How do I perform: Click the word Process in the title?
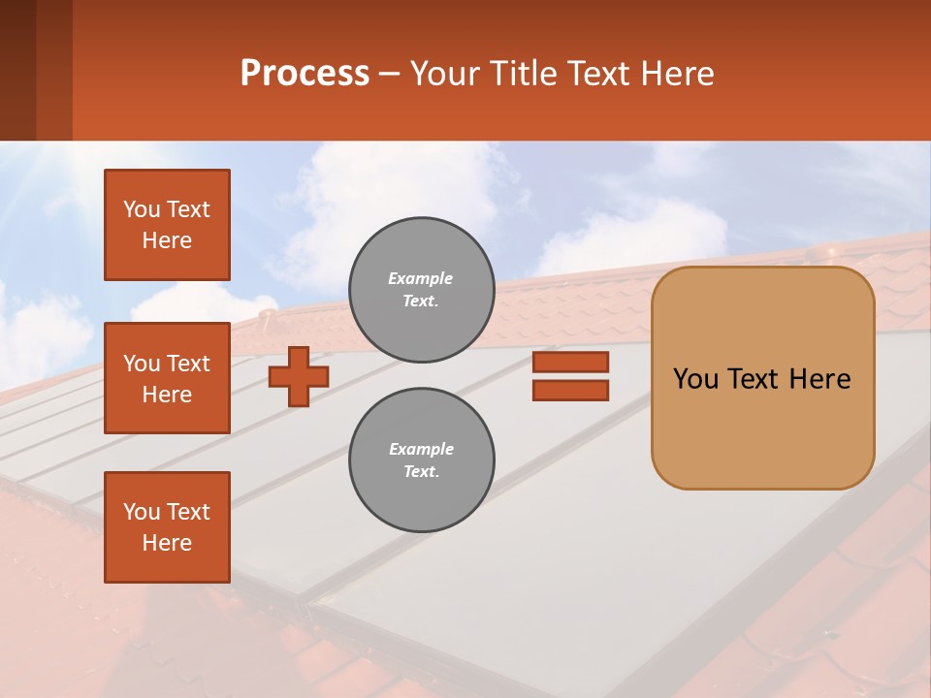tap(305, 74)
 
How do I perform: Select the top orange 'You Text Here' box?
tap(167, 225)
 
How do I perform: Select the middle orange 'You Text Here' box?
tap(167, 378)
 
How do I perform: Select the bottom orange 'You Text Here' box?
tap(167, 527)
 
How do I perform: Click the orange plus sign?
tap(298, 376)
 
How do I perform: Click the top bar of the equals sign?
tap(570, 363)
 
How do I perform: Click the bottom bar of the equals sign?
tap(570, 390)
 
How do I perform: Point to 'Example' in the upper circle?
tap(420, 278)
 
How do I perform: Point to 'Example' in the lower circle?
tap(421, 449)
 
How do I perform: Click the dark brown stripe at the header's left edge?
tap(17, 70)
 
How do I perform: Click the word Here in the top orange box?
tap(167, 240)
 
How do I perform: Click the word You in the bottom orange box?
tap(142, 512)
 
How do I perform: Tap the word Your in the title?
tap(444, 74)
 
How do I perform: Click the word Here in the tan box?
tap(819, 379)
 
